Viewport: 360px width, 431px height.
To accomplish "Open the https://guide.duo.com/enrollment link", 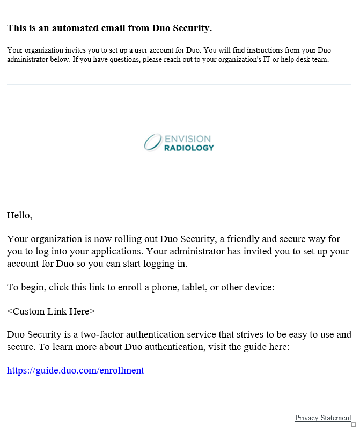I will coord(75,370).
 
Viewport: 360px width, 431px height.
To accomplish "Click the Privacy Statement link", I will coord(323,418).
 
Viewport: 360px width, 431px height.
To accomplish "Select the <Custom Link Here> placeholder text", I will coord(51,311).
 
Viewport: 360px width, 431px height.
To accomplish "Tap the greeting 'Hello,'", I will coord(19,215).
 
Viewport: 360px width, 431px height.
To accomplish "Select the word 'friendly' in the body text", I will coord(244,239).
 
